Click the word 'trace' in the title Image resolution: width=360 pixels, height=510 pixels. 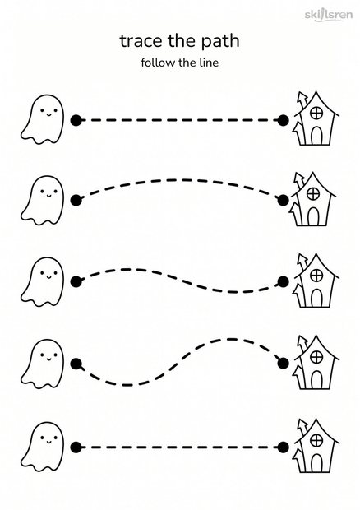141,41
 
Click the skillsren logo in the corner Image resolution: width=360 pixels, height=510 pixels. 329,15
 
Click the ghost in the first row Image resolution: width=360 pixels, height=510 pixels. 42,119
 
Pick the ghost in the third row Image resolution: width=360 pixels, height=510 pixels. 42,282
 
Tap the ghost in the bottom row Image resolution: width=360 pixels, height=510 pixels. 42,447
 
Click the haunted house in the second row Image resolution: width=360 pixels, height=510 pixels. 313,199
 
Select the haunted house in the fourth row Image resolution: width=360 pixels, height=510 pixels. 316,362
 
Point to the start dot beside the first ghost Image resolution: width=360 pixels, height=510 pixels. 76,120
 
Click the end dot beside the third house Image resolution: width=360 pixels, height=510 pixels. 284,281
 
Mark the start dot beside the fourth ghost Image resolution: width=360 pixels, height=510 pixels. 76,364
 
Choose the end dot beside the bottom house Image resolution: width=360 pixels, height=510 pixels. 284,447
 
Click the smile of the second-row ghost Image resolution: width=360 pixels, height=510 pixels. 48,196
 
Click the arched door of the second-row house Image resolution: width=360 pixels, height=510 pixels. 313,216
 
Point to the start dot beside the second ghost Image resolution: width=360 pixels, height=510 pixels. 76,201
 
